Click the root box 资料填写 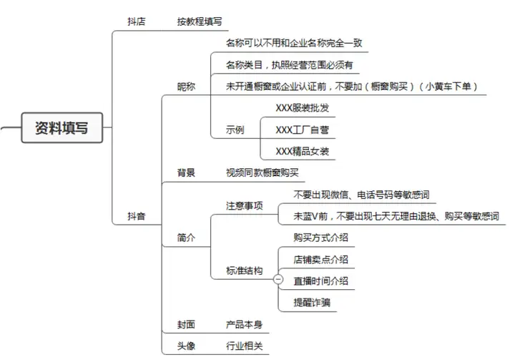click(x=62, y=127)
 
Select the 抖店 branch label click(x=137, y=21)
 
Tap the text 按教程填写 click(x=200, y=21)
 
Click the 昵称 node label click(x=186, y=87)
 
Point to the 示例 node click(x=235, y=130)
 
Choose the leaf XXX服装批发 click(x=302, y=108)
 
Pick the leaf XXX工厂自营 click(x=302, y=130)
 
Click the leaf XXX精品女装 click(x=302, y=151)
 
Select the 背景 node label click(x=186, y=172)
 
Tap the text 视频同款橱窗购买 click(x=262, y=172)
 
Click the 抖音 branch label click(x=137, y=216)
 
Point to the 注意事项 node click(x=245, y=206)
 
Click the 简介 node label click(x=186, y=238)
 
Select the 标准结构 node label click(x=245, y=271)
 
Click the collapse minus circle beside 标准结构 click(x=278, y=279)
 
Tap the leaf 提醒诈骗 click(x=312, y=303)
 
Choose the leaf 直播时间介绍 click(x=321, y=281)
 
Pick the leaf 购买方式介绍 click(x=321, y=238)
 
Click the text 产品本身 click(x=245, y=325)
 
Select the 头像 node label click(x=186, y=346)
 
